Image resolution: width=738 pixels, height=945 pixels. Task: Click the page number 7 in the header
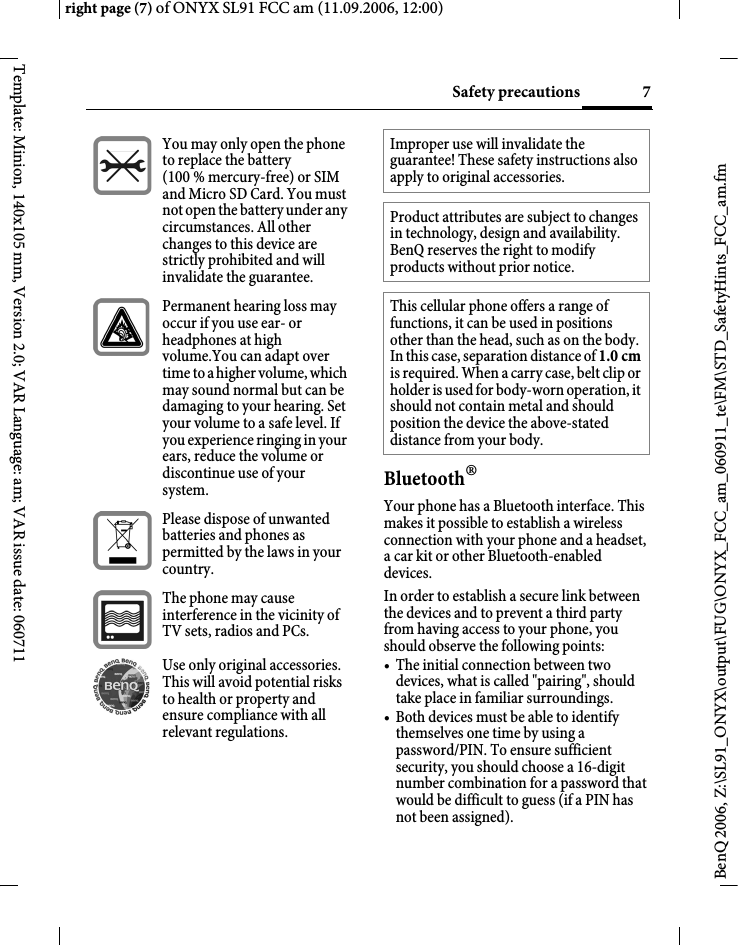pos(646,93)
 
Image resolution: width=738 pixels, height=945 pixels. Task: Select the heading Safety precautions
pos(515,93)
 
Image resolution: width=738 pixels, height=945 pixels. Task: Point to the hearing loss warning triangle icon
pos(122,327)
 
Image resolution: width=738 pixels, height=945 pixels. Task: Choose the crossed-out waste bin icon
pos(122,540)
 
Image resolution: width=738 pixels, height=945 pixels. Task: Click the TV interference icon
pos(122,619)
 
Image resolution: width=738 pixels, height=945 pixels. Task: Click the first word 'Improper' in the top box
pos(418,144)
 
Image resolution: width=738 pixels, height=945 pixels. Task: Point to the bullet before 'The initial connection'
pos(388,665)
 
